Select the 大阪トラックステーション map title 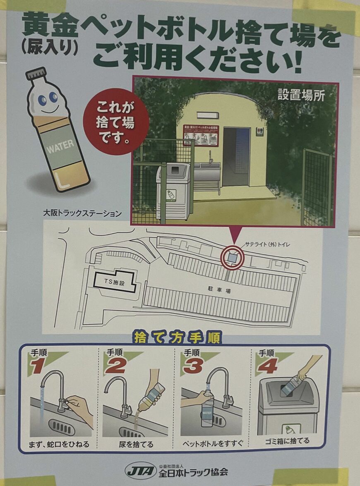pos(82,213)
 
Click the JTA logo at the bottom pos(140,471)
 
